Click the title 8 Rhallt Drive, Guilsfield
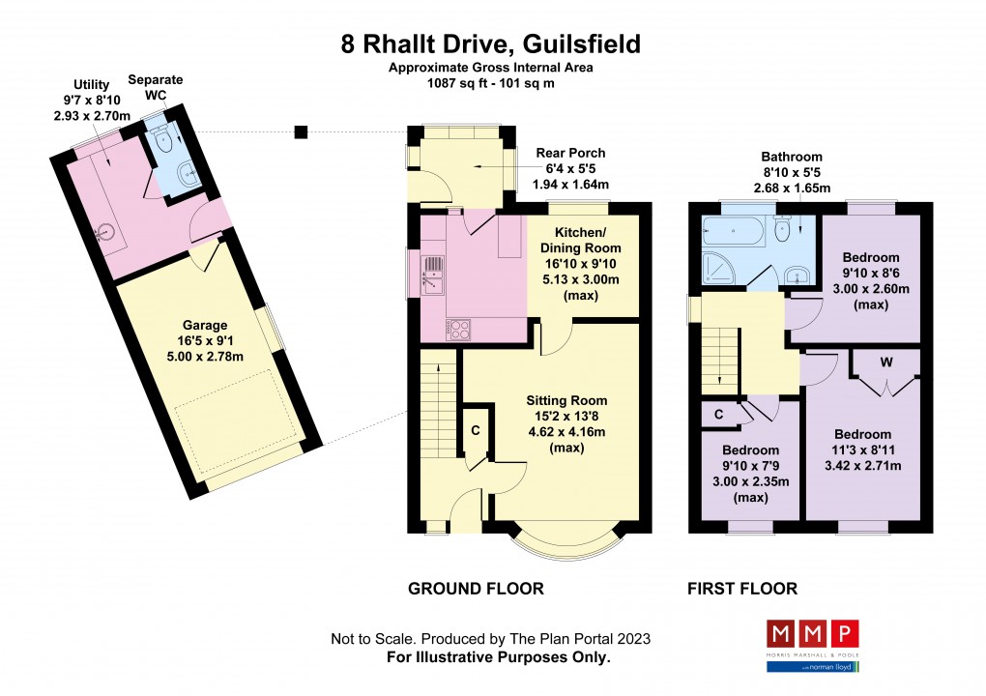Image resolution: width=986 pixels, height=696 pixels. pyautogui.click(x=490, y=44)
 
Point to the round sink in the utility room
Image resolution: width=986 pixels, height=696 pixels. pyautogui.click(x=106, y=232)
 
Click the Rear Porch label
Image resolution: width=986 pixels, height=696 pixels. pyautogui.click(x=570, y=153)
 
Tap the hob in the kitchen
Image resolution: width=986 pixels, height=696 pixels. pyautogui.click(x=459, y=329)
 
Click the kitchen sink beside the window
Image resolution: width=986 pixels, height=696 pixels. pyautogui.click(x=434, y=272)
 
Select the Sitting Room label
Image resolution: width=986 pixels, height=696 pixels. pyautogui.click(x=566, y=400)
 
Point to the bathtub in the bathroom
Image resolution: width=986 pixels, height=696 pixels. pyautogui.click(x=732, y=231)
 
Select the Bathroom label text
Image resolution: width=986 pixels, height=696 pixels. pyautogui.click(x=791, y=157)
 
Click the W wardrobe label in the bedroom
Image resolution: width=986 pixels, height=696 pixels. pyautogui.click(x=885, y=363)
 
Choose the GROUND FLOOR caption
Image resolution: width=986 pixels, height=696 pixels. pyautogui.click(x=476, y=589)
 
